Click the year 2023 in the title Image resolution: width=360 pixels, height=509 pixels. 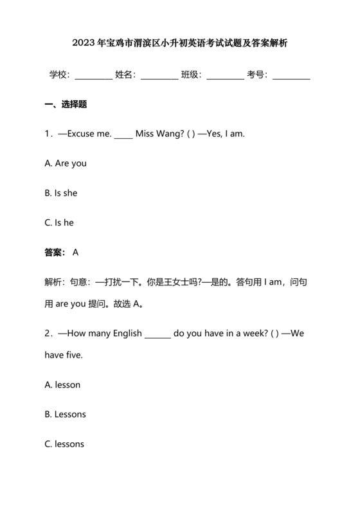pyautogui.click(x=84, y=44)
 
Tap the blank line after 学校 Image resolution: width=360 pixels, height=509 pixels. pyautogui.click(x=93, y=75)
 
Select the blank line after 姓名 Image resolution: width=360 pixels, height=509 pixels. pyautogui.click(x=159, y=75)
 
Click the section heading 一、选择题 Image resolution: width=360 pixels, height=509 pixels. pyautogui.click(x=66, y=104)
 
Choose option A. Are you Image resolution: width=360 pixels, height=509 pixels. pyautogui.click(x=66, y=163)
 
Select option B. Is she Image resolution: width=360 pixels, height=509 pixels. pyautogui.click(x=61, y=193)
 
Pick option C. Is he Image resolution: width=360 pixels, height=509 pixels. pyautogui.click(x=59, y=222)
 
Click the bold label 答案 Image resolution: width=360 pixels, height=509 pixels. pyautogui.click(x=55, y=253)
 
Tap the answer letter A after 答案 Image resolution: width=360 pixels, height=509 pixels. pyautogui.click(x=76, y=253)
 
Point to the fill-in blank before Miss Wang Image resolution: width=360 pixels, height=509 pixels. pyautogui.click(x=123, y=135)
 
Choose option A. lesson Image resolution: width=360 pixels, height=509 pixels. pyautogui.click(x=62, y=385)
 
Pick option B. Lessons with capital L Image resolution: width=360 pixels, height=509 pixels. pyautogui.click(x=65, y=415)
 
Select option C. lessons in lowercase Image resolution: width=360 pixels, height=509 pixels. pyautogui.click(x=64, y=444)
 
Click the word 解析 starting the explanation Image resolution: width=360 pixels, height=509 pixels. pyautogui.click(x=53, y=282)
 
